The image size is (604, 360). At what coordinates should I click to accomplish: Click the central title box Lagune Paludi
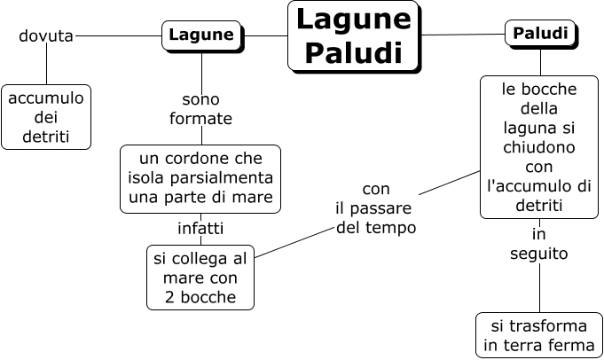(353, 35)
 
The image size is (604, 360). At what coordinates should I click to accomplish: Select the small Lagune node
(201, 35)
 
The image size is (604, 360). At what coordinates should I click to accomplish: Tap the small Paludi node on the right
(540, 34)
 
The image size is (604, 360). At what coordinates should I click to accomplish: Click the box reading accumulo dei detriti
(45, 116)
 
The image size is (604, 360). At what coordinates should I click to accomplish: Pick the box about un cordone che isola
(200, 178)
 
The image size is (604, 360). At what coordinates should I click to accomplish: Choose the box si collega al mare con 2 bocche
(200, 277)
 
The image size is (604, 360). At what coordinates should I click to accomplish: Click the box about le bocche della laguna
(538, 146)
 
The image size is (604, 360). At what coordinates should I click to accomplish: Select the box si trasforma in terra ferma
(538, 334)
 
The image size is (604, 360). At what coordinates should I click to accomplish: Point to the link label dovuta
(45, 36)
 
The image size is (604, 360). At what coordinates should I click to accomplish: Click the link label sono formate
(200, 108)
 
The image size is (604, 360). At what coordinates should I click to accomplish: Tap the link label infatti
(200, 229)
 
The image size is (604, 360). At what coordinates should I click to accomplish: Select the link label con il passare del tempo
(376, 208)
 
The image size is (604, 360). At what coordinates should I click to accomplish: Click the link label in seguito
(538, 244)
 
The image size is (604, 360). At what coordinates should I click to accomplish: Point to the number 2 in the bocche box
(169, 297)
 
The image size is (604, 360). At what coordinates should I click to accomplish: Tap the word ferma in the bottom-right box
(571, 345)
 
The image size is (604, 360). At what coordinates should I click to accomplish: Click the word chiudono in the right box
(538, 146)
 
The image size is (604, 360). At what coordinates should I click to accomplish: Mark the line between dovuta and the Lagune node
(117, 36)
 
